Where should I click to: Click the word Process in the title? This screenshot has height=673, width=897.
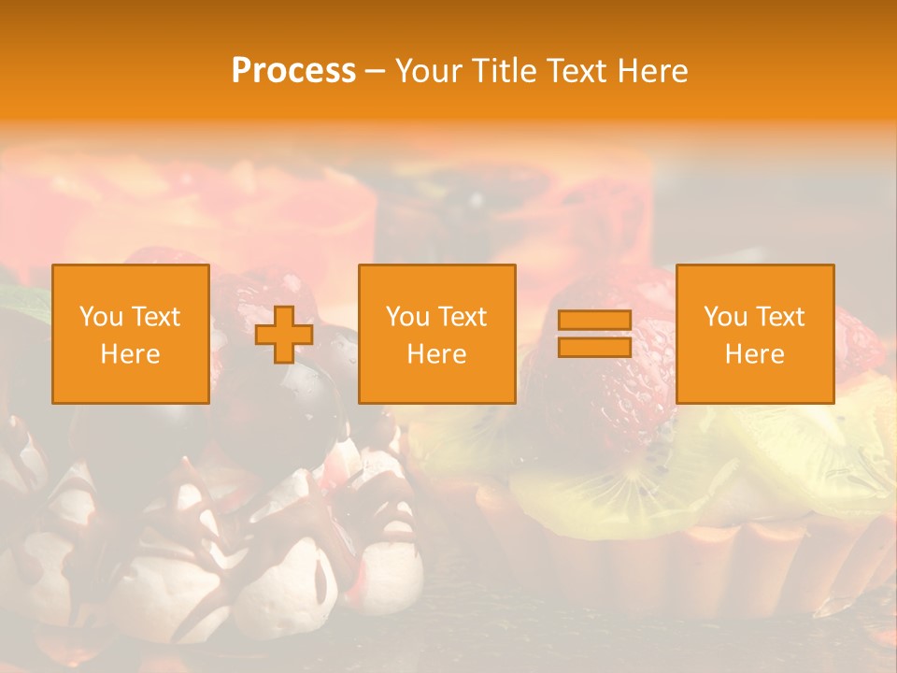click(293, 71)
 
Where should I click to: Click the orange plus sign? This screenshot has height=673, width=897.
click(284, 335)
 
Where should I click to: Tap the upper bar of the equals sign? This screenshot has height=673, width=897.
click(594, 321)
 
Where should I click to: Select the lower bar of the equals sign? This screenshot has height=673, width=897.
click(594, 348)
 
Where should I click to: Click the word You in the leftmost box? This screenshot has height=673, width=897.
click(100, 317)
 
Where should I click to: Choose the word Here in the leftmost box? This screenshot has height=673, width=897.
click(130, 354)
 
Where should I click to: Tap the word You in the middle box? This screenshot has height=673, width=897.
click(406, 317)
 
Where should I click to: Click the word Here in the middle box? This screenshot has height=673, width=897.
click(436, 354)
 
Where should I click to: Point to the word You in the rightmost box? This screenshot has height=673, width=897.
click(724, 317)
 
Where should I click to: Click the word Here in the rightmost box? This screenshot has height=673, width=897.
click(754, 354)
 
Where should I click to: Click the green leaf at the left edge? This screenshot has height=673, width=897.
click(21, 299)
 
